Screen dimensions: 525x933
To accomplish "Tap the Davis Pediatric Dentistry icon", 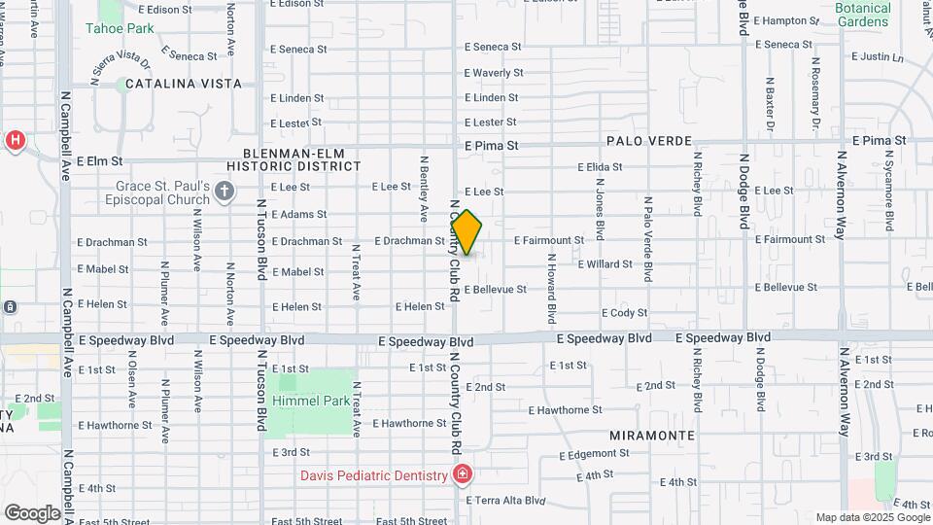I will click(463, 475).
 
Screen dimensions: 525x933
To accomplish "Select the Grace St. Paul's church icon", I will click(225, 190).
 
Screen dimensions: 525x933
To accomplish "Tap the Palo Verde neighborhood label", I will click(646, 141).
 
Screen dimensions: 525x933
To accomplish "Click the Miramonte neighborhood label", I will click(652, 436).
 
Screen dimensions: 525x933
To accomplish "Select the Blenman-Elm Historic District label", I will click(301, 159).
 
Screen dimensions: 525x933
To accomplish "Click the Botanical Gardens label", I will click(862, 15).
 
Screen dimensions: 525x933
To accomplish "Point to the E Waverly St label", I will click(494, 73).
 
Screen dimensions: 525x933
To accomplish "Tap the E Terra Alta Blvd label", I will click(505, 502).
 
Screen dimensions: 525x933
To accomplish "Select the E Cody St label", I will click(624, 313).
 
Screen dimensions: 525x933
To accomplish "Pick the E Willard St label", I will click(605, 264).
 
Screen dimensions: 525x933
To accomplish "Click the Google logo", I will click(31, 512).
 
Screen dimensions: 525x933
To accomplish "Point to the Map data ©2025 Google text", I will click(873, 517).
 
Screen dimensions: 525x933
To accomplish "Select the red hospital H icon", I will click(15, 141).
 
